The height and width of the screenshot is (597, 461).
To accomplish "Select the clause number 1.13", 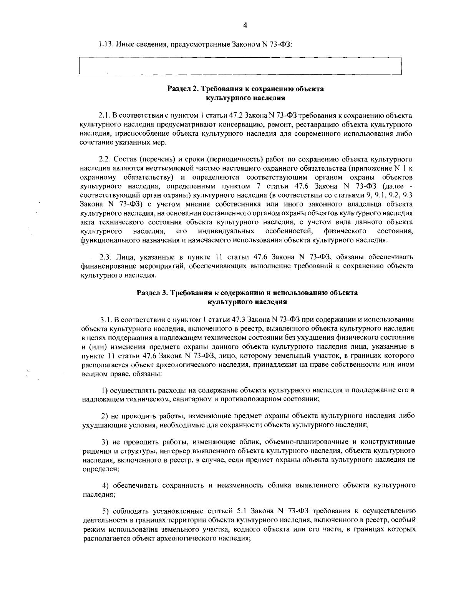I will [x=104, y=44].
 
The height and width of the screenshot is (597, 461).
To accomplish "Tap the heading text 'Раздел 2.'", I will [x=182, y=89].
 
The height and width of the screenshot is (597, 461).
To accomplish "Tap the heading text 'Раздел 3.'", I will [x=152, y=293].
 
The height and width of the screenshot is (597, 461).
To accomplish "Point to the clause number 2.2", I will [x=104, y=159].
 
